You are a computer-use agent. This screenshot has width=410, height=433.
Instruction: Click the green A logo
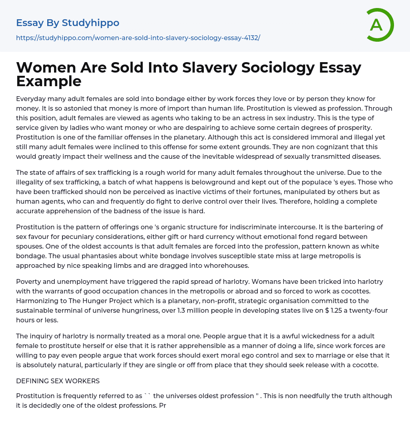pyautogui.click(x=380, y=25)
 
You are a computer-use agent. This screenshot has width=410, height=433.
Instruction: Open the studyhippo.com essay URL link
pyautogui.click(x=138, y=38)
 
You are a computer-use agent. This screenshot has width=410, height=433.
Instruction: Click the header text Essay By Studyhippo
pyautogui.click(x=68, y=23)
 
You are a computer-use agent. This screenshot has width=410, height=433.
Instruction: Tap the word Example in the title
pyautogui.click(x=49, y=81)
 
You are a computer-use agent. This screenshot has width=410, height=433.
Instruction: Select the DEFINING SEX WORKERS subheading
pyautogui.click(x=58, y=381)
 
